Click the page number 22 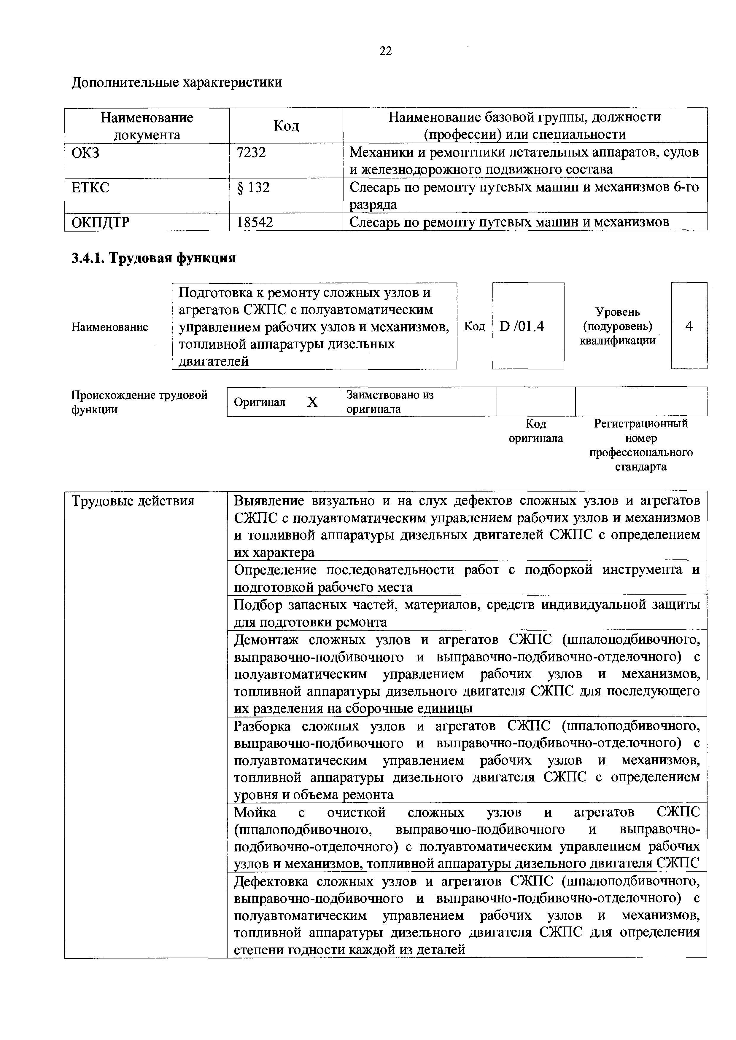[385, 51]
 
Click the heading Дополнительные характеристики [177, 82]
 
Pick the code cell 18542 [255, 222]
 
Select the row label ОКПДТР [101, 222]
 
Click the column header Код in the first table [286, 125]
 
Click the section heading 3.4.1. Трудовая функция [154, 258]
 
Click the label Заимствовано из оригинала [390, 402]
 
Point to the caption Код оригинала [536, 431]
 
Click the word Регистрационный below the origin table [641, 424]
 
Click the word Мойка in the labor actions [255, 813]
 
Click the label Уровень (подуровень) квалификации [617, 326]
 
